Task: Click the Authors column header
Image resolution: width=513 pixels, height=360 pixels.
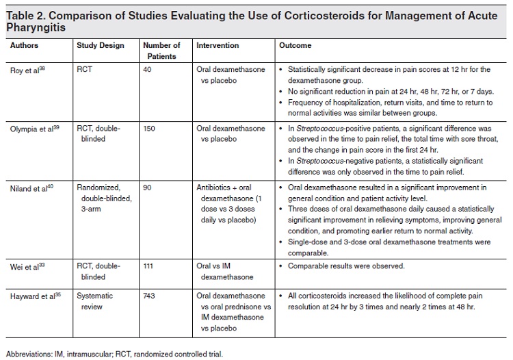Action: [x=25, y=46]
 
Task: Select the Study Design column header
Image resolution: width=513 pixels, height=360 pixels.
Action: [x=101, y=46]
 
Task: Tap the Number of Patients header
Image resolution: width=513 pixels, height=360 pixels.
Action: [x=161, y=50]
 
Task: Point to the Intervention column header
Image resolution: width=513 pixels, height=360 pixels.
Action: [x=218, y=46]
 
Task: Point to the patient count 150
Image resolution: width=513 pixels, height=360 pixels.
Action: [x=150, y=128]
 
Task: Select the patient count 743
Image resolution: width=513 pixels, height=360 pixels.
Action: [x=150, y=296]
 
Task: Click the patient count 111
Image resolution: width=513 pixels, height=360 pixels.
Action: [x=149, y=266]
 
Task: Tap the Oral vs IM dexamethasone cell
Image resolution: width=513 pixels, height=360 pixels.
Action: [x=223, y=270]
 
